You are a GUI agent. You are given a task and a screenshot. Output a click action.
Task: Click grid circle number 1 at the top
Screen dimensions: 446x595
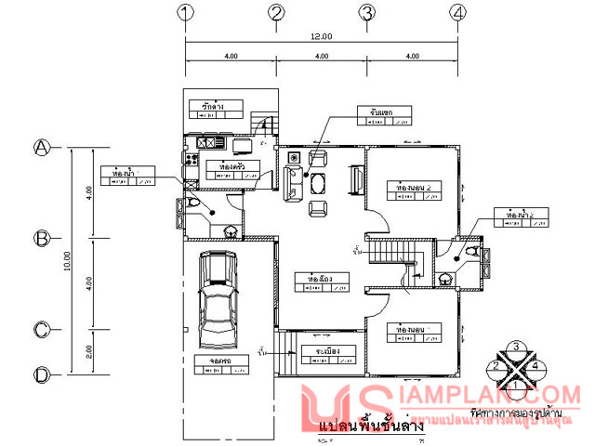coord(186,13)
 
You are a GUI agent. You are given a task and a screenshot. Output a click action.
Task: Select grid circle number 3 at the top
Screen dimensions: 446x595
coord(367,13)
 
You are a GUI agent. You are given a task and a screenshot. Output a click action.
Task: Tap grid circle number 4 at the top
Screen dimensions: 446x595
coord(456,13)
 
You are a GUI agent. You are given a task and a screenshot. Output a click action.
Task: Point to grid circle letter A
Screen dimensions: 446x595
coord(42,147)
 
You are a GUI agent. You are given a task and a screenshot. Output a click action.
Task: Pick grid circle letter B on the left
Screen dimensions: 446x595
coord(42,238)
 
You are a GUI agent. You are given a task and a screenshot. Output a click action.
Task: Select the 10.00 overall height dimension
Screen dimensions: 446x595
coord(67,260)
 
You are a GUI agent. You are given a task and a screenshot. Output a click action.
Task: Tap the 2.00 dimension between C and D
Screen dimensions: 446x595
coord(88,351)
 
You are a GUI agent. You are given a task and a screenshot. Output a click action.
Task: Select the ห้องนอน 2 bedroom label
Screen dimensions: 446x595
coord(413,188)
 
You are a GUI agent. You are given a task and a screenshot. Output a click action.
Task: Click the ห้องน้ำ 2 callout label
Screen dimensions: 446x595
coord(514,216)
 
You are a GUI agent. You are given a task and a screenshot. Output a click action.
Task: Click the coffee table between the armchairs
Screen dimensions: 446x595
coord(318,182)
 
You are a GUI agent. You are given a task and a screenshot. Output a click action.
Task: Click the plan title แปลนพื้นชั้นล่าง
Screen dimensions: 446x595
coord(371,426)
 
